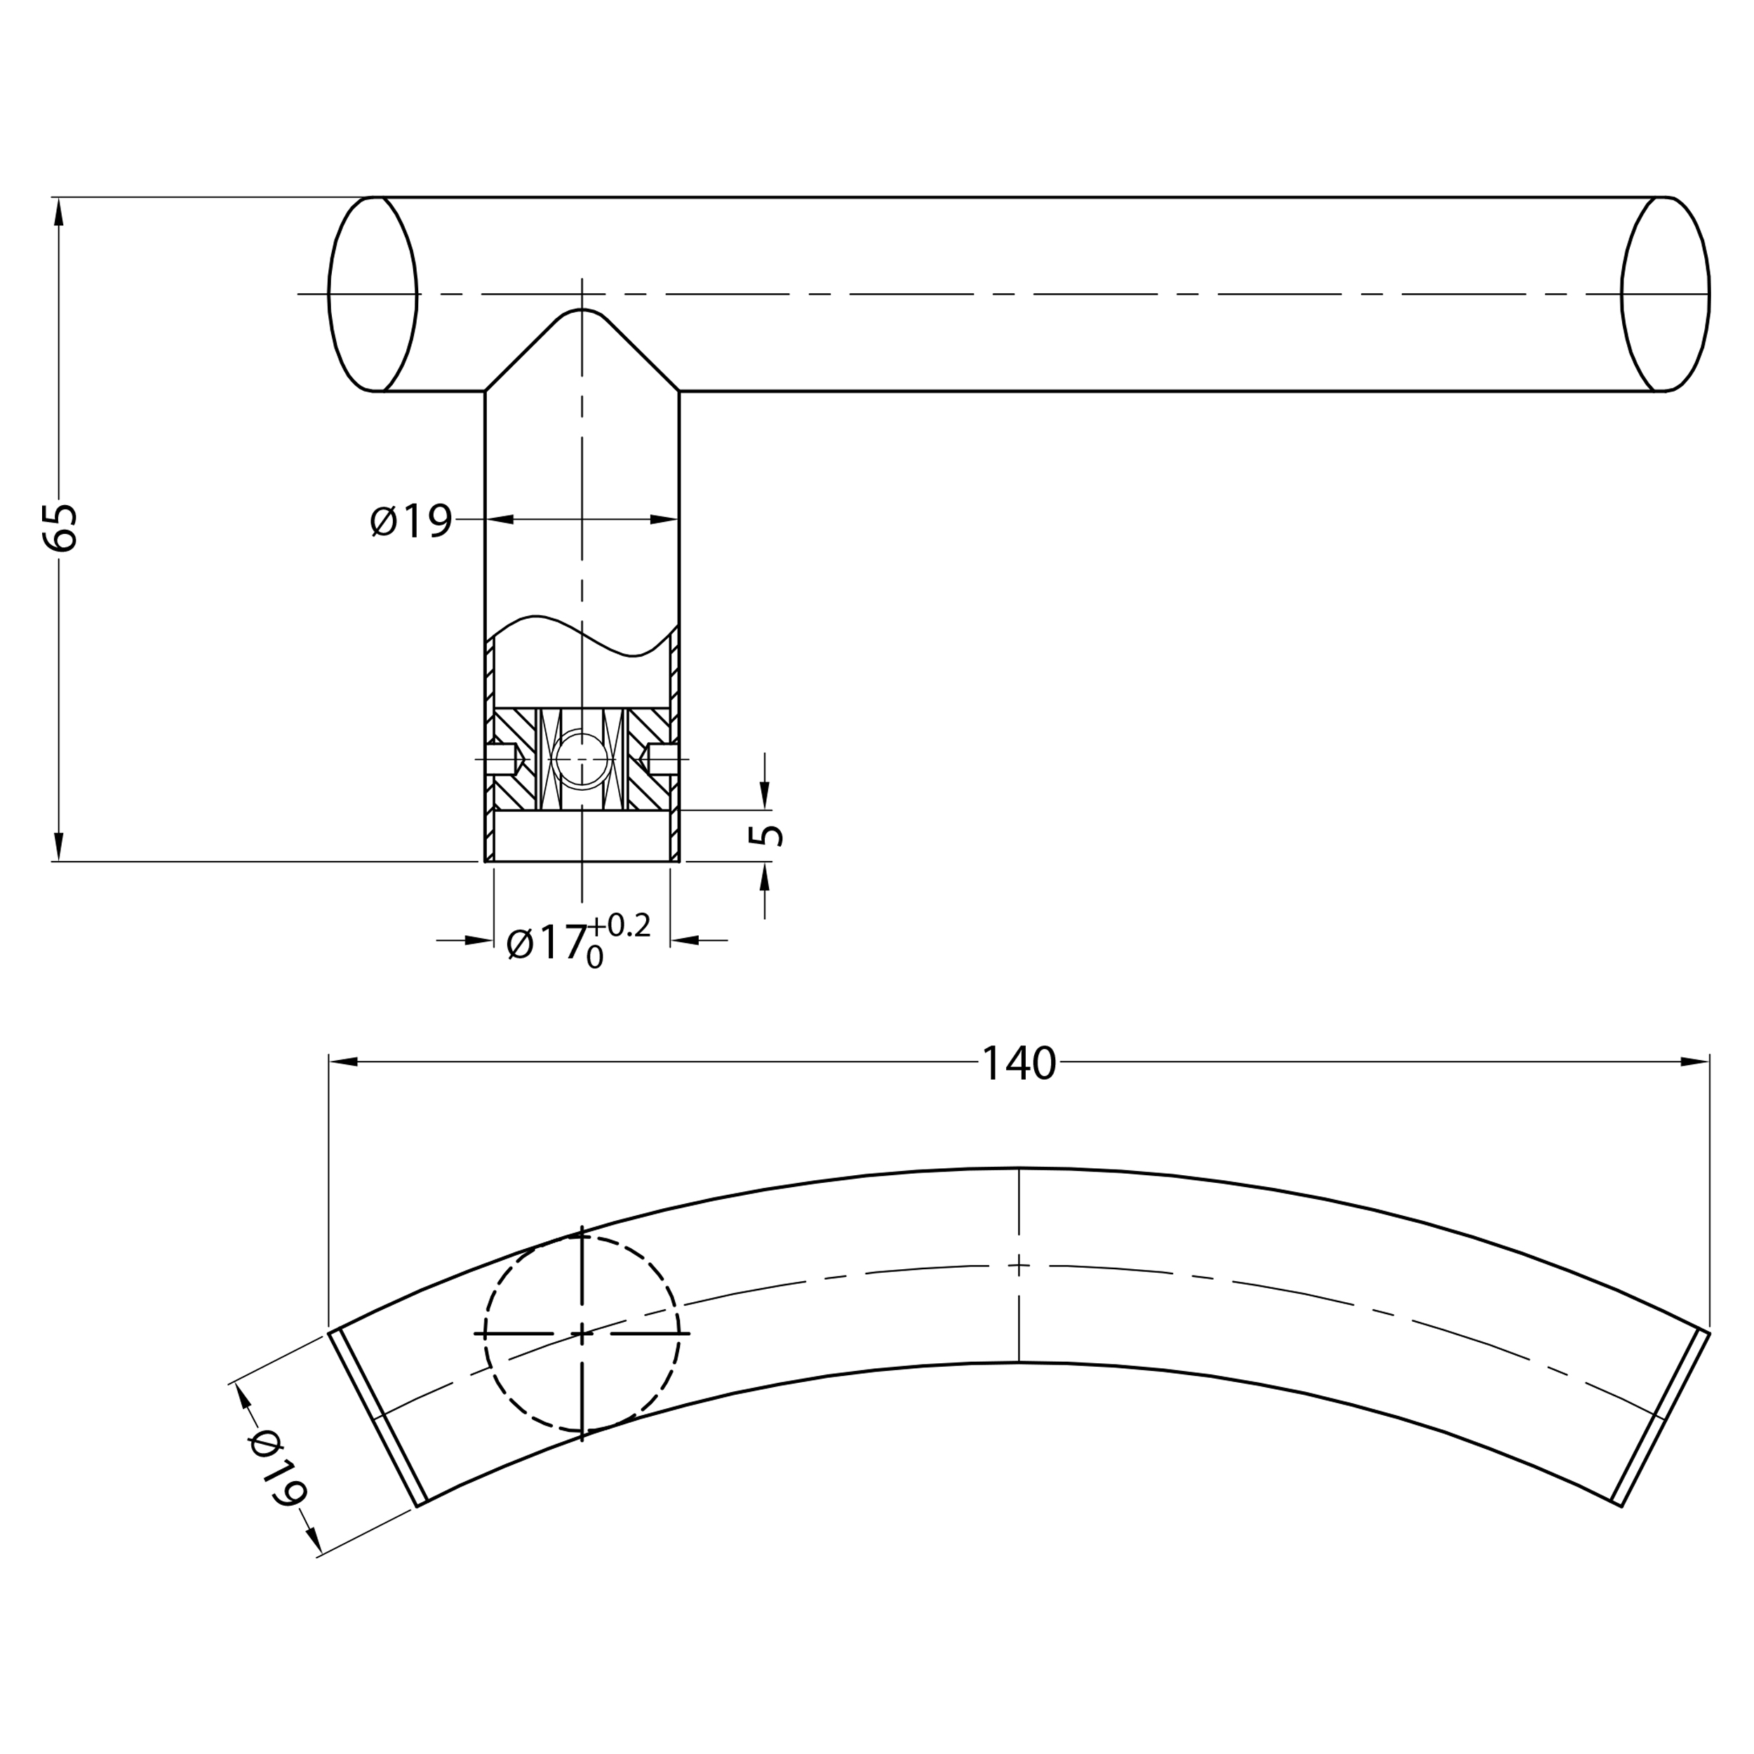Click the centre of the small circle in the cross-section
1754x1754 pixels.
(581, 759)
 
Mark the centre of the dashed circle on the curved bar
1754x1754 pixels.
(582, 1334)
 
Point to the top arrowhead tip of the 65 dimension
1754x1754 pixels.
(59, 198)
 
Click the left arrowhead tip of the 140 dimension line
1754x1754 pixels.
(330, 1062)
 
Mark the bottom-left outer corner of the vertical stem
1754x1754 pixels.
(485, 861)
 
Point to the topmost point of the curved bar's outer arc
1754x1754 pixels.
(1019, 1167)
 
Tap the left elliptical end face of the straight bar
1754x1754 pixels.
(373, 294)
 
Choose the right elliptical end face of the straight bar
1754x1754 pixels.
(1666, 294)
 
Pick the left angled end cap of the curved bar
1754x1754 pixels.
(377, 1420)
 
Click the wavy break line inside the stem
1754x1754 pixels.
(582, 636)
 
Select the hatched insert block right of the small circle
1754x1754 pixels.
(648, 759)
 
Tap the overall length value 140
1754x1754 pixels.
(1019, 1063)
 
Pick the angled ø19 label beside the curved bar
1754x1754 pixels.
(278, 1468)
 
